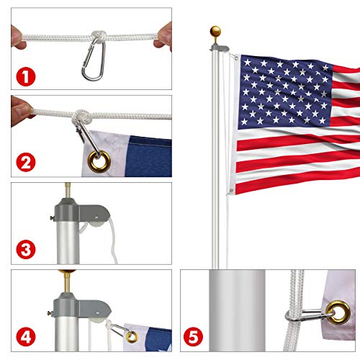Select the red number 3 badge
click(x=27, y=250)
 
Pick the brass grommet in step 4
click(x=131, y=336)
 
